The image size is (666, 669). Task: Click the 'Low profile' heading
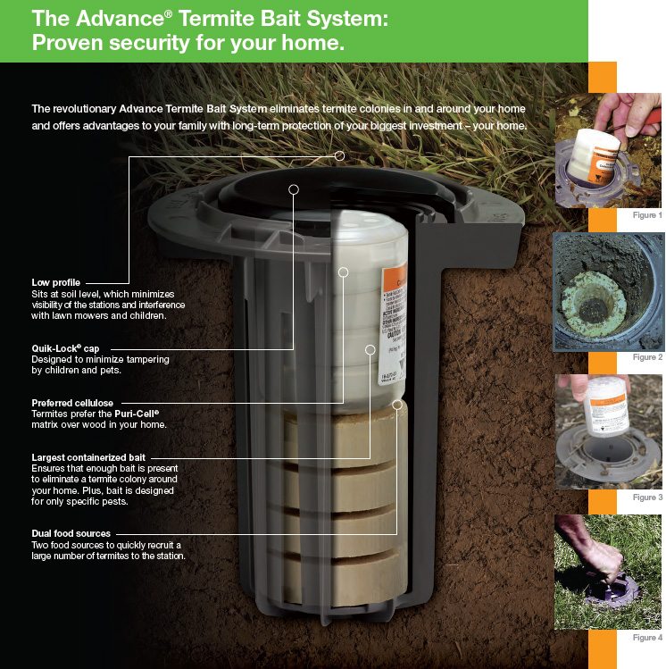55,282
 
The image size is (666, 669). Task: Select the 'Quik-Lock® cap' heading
65,347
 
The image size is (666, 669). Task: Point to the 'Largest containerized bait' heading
88,457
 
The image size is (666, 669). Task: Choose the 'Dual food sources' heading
71,533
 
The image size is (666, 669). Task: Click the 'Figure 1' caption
647,216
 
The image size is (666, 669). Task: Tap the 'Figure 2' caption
647,357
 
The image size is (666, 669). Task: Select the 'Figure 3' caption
647,497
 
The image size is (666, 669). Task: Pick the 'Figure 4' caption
647,638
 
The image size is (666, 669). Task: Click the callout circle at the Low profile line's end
339,156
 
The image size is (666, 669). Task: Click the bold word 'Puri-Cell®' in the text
137,414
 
